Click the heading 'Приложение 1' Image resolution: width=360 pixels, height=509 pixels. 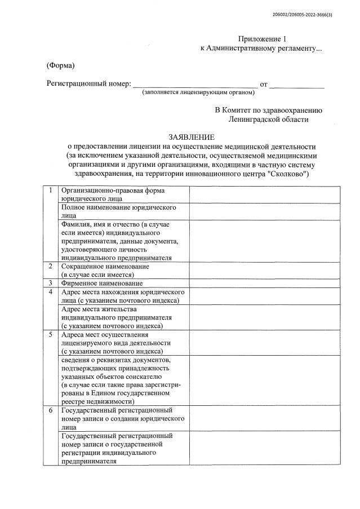pos(262,39)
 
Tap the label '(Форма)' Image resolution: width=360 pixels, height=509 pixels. pos(60,66)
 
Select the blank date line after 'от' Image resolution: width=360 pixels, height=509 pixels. pos(297,84)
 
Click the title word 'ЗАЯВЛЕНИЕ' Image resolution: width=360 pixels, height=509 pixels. pos(192,137)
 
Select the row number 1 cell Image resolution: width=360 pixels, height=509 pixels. pos(51,191)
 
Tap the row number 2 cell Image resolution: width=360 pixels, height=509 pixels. pos(51,265)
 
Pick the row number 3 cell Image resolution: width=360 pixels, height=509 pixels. pos(51,283)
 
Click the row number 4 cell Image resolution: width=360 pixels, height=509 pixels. pos(51,292)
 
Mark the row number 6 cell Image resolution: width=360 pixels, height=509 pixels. pos(51,410)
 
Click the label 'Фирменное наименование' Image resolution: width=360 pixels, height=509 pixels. pos(101,283)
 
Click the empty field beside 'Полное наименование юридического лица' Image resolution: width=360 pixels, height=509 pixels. pos(264,211)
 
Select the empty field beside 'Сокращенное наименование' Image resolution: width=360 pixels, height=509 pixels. pos(264,269)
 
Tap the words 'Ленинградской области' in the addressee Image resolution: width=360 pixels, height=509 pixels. pos(269,119)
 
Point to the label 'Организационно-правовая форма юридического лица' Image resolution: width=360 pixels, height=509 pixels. pos(113,194)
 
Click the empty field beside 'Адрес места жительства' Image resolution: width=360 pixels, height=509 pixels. pos(264,317)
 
